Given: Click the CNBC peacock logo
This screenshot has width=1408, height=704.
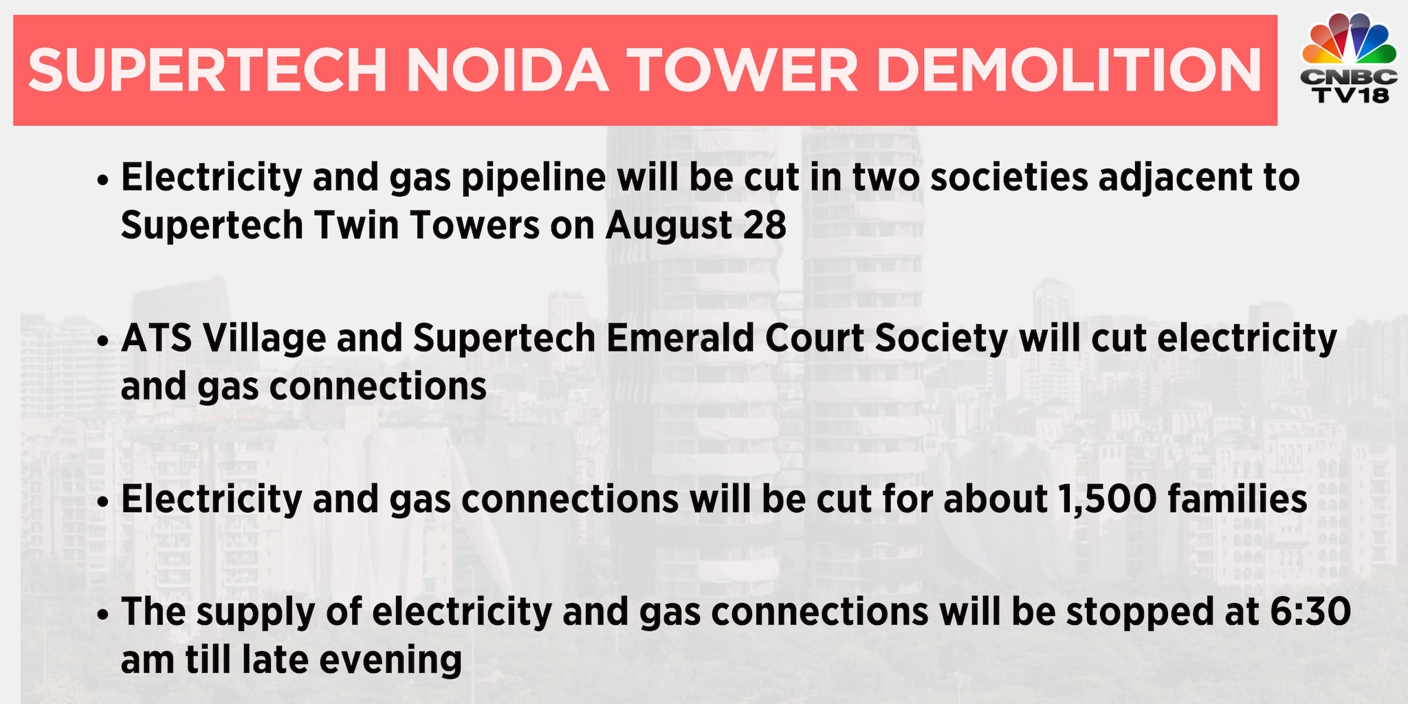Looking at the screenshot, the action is coord(1349,41).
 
